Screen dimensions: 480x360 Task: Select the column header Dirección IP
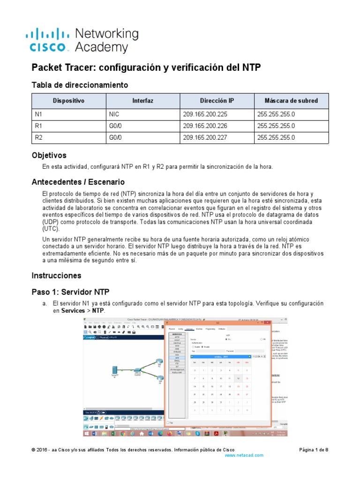pos(217,100)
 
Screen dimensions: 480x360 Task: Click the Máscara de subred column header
pos(291,100)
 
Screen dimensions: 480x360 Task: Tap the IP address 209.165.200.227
pos(204,137)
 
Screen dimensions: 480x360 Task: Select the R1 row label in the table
pos(39,125)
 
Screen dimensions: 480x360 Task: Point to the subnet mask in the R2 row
pos(276,137)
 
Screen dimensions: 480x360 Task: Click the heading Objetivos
pos(49,155)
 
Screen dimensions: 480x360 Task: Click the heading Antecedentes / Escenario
pos(78,182)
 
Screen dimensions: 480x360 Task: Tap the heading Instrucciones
pos(56,275)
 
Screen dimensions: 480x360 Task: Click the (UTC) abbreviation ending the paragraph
pos(51,229)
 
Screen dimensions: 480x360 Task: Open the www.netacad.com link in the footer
pos(244,455)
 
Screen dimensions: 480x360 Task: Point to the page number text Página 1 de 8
pos(314,450)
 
